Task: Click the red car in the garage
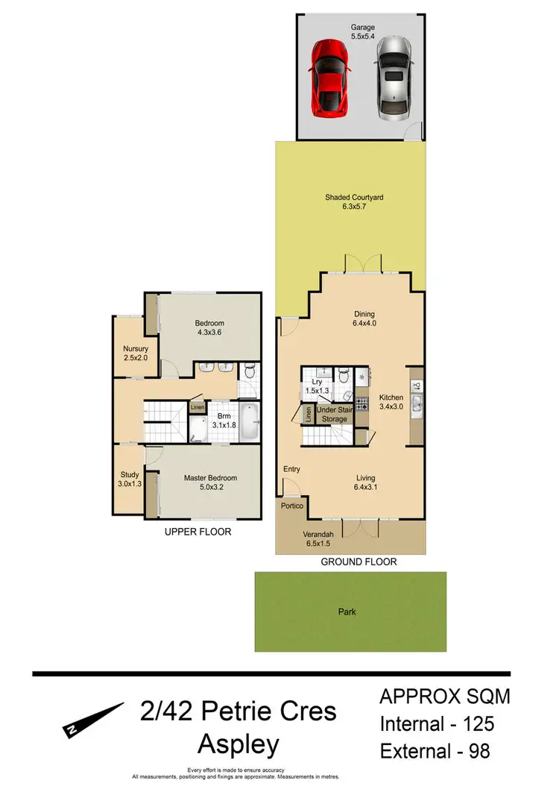tap(329, 78)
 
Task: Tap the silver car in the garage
tap(394, 77)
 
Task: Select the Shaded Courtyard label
tap(354, 202)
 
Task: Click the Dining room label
tap(364, 318)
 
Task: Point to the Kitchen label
tap(391, 401)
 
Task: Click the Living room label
tap(364, 482)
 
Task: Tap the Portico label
tap(291, 506)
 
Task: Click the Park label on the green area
tap(347, 612)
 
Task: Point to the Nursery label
tap(136, 353)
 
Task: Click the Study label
tap(130, 478)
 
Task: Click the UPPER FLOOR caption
tap(198, 532)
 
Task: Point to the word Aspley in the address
tap(239, 744)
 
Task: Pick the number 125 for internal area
tap(471, 723)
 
